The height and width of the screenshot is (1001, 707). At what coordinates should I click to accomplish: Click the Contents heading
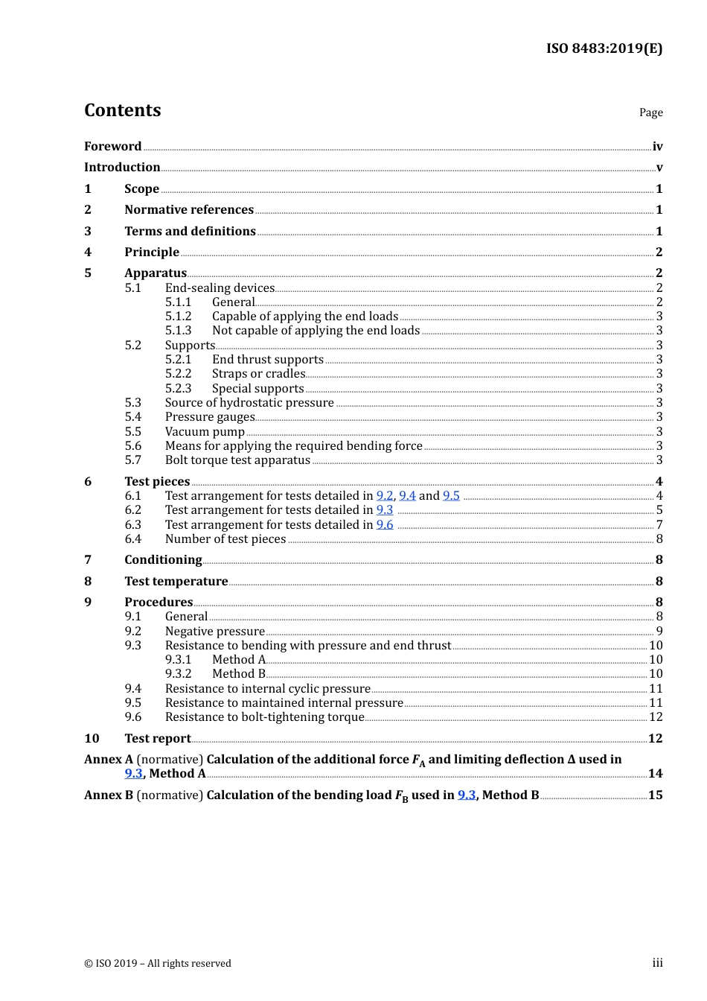(x=122, y=110)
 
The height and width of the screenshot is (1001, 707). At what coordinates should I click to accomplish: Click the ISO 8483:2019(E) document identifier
(x=604, y=48)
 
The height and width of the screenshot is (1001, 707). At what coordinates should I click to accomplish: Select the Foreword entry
(x=112, y=146)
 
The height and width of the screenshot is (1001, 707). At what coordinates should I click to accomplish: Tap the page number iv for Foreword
(x=657, y=147)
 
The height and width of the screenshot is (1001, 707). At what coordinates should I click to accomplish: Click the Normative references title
(x=189, y=210)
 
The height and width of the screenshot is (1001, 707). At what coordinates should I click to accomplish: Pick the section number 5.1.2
(x=178, y=317)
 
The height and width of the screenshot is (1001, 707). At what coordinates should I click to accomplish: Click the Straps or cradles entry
(x=258, y=374)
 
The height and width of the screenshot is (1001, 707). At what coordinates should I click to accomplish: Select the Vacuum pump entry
(x=205, y=432)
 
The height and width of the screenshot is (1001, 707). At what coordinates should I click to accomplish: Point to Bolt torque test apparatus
(x=237, y=460)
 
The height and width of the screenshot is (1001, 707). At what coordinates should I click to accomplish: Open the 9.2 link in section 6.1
(x=384, y=496)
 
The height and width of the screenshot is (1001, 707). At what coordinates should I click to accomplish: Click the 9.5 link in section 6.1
(x=451, y=496)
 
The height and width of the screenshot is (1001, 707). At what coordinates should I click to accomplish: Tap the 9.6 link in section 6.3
(x=384, y=525)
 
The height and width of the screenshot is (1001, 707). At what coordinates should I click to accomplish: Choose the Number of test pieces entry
(x=225, y=539)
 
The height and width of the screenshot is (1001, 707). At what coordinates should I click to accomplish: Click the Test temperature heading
(x=176, y=582)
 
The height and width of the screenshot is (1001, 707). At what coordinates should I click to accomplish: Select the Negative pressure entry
(x=214, y=632)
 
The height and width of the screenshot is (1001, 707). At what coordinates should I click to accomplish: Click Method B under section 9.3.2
(x=239, y=674)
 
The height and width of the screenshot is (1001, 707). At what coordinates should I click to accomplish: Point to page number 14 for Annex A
(x=655, y=774)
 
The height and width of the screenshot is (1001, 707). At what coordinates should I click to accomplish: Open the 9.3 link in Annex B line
(x=466, y=795)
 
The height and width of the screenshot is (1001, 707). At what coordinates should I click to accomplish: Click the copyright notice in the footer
(x=158, y=963)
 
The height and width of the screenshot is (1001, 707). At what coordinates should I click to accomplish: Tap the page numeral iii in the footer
(x=657, y=963)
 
